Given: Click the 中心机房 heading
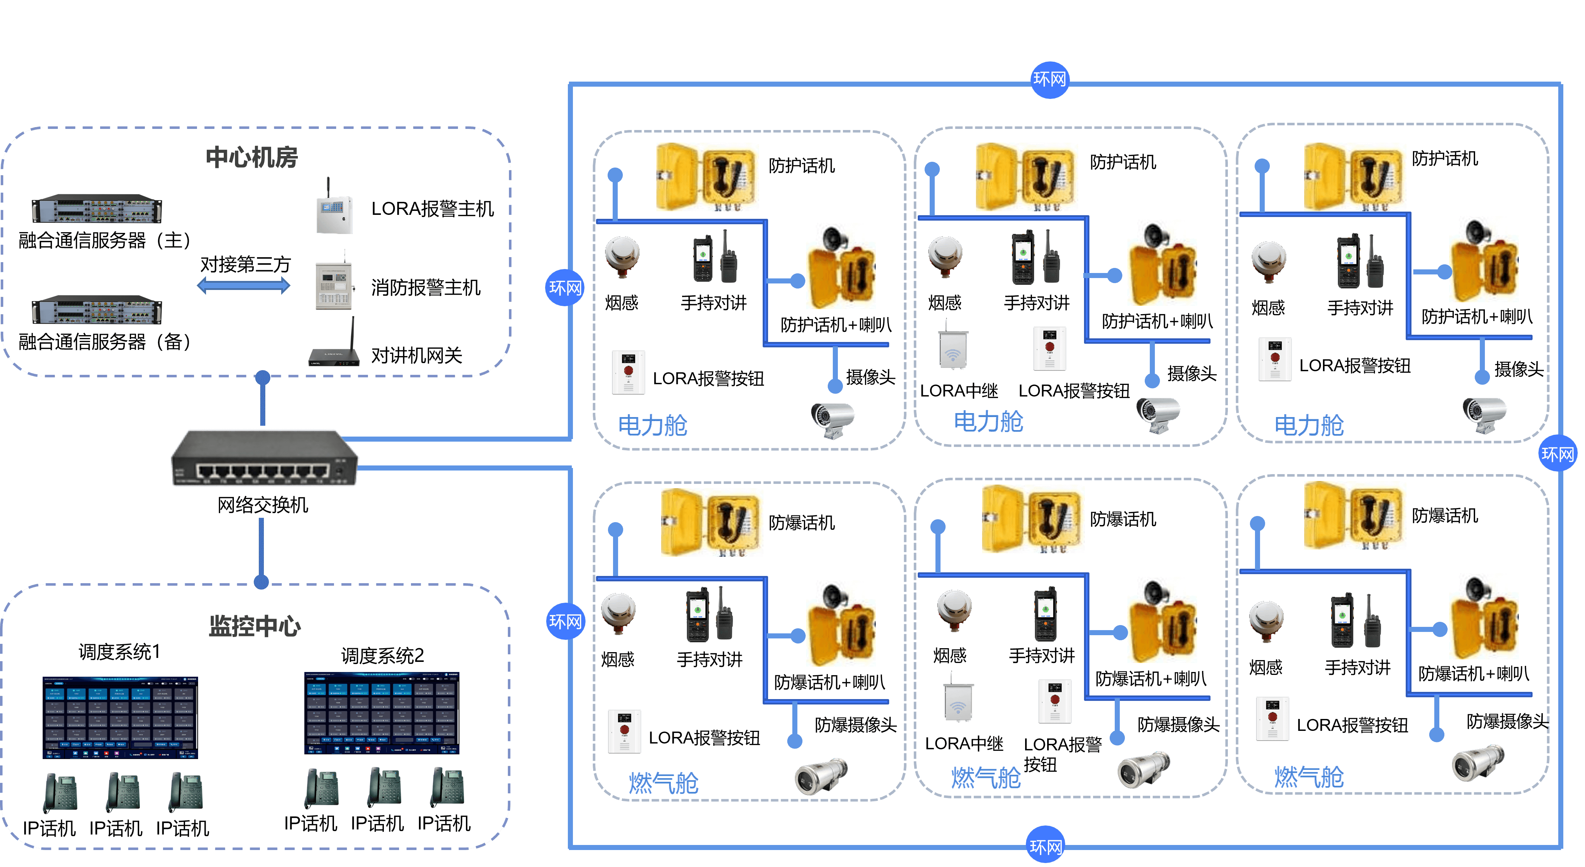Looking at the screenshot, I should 252,157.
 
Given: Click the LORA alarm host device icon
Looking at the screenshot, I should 334,212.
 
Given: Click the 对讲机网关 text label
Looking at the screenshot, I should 416,355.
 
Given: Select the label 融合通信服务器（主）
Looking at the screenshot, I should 104,240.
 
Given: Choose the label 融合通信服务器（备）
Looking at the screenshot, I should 104,342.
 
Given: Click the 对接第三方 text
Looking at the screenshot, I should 245,264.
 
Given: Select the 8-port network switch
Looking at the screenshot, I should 265,459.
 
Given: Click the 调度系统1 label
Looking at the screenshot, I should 119,652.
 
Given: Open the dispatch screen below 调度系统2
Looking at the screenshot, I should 381,713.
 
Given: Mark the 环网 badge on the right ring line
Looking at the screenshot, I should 1557,454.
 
